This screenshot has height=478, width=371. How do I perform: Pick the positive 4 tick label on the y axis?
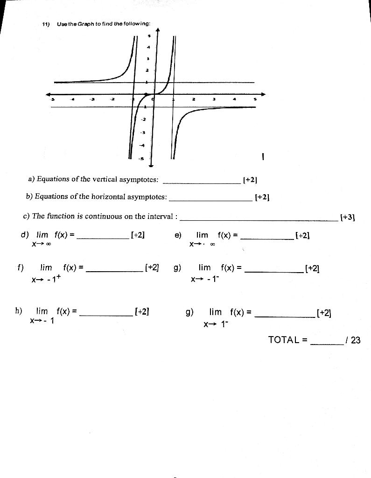tap(149, 47)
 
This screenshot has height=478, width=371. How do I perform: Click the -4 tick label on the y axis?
tap(143, 146)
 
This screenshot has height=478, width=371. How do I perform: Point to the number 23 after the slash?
tap(356, 340)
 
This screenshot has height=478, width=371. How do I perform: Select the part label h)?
tap(19, 311)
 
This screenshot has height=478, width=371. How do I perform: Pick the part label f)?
tap(20, 268)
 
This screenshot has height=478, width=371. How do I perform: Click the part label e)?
tap(178, 235)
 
